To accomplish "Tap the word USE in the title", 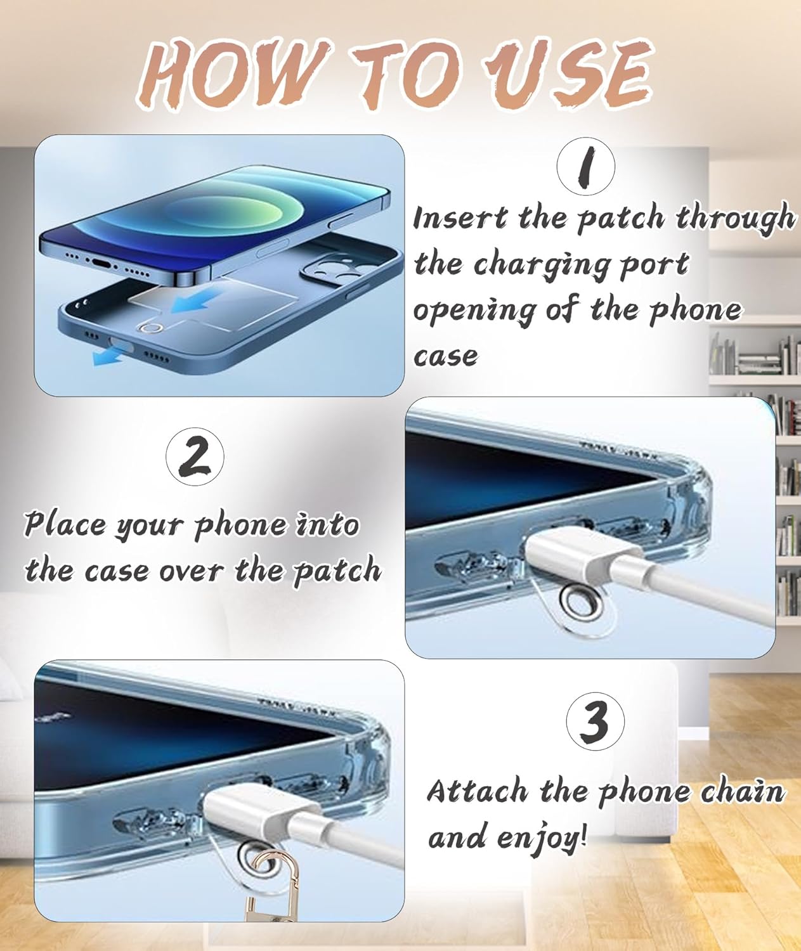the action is tap(567, 75).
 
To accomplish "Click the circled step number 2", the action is tap(195, 457).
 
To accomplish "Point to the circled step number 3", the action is tap(595, 720).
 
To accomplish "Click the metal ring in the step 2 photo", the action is tap(578, 604).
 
